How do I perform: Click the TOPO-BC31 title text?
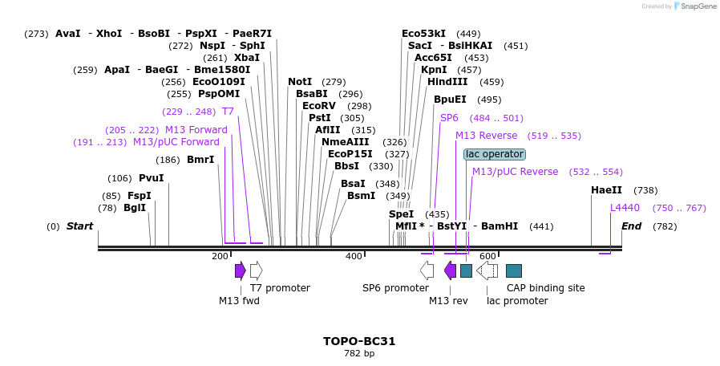(359, 341)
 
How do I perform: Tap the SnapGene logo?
(694, 6)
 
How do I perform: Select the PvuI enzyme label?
(151, 178)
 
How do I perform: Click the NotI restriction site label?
(300, 82)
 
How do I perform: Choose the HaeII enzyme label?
(606, 190)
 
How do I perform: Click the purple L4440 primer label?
(625, 208)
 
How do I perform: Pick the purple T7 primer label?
(228, 112)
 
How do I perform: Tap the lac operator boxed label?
(494, 154)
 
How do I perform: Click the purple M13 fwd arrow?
(240, 270)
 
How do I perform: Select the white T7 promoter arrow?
(256, 270)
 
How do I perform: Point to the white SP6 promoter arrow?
(427, 270)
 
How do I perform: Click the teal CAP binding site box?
(514, 270)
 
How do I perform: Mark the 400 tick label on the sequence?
(354, 256)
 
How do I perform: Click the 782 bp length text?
(359, 353)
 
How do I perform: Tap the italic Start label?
(79, 226)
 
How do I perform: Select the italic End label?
(631, 226)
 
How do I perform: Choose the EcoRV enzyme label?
(319, 106)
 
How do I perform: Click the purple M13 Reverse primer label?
(486, 136)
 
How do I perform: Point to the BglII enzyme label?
(135, 208)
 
